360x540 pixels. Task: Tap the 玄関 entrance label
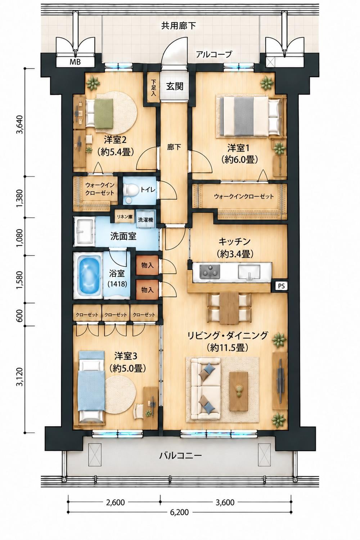175,86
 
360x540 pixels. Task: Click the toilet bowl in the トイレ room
131,190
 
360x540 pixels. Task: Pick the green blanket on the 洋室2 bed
104,114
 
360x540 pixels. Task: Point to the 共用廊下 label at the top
179,26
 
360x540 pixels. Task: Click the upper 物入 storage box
147,265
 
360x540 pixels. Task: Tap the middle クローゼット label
116,315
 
